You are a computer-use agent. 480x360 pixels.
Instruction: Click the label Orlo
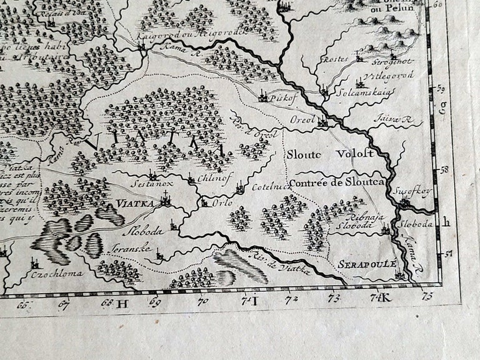[x=222, y=204]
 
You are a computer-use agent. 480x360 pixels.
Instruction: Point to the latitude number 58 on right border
[x=445, y=169]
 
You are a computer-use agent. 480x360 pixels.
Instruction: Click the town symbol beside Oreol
[x=322, y=121]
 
